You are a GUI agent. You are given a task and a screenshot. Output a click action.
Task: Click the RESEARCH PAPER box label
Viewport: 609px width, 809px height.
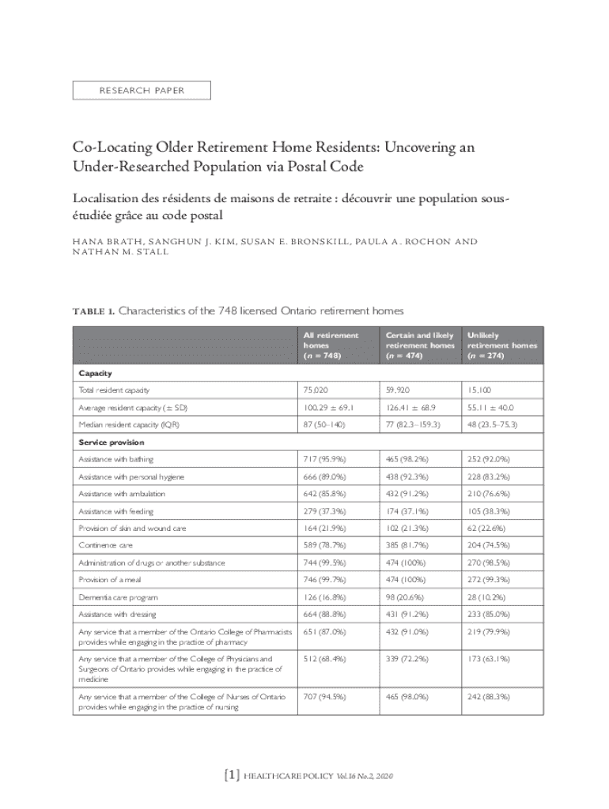[x=142, y=91]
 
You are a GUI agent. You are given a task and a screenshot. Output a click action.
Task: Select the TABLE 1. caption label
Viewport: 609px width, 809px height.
[x=93, y=311]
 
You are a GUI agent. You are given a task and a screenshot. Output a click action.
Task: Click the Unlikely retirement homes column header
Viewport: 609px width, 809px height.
[x=501, y=345]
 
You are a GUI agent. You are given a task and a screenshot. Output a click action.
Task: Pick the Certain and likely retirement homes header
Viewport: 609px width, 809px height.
[x=420, y=345]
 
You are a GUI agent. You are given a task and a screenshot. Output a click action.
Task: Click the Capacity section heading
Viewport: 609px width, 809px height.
[x=94, y=372]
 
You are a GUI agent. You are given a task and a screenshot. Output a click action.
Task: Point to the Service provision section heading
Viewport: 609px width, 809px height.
[x=109, y=442]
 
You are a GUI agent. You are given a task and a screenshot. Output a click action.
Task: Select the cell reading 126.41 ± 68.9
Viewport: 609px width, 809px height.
[x=412, y=408]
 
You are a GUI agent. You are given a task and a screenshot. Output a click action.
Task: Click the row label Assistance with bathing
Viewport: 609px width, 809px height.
[x=116, y=459]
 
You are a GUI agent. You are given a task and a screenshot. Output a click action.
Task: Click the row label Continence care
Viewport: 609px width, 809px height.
[x=105, y=545]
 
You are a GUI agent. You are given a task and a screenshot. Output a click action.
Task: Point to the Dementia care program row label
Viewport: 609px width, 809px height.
[x=117, y=597]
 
